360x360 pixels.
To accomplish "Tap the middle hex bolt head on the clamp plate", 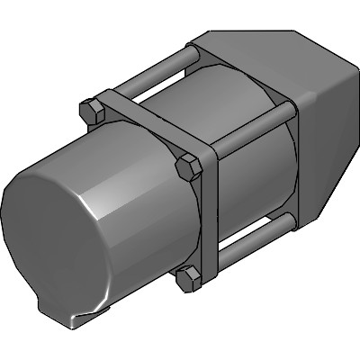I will (188, 167).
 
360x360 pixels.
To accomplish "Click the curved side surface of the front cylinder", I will (135, 252).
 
